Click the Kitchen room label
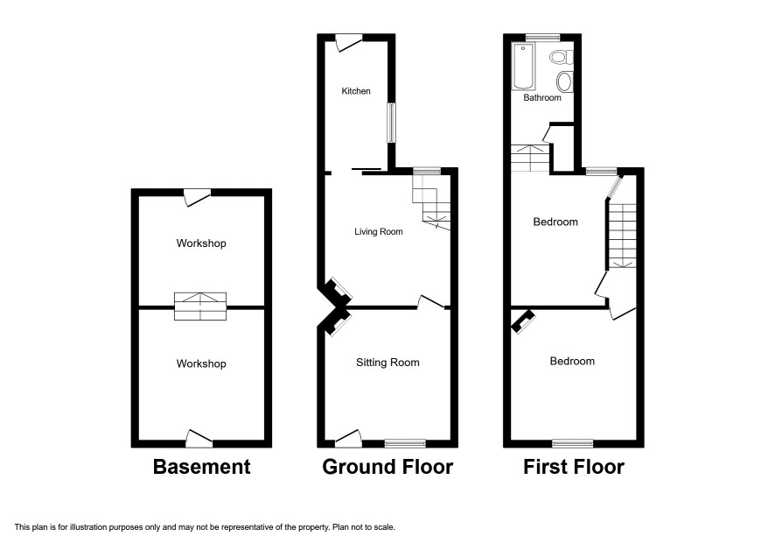coord(356,91)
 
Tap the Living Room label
coord(378,232)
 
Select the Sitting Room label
coord(387,363)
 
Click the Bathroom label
coord(542,98)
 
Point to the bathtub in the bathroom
coord(523,67)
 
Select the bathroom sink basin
coord(564,82)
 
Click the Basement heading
coord(201,467)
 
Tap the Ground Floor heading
coord(387,467)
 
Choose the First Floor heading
coord(574,467)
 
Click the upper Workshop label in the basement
coord(200,243)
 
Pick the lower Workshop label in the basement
coord(200,363)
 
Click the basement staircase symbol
coord(201,305)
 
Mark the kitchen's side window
coord(391,123)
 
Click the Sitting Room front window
coord(405,442)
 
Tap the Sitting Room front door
coord(348,437)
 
